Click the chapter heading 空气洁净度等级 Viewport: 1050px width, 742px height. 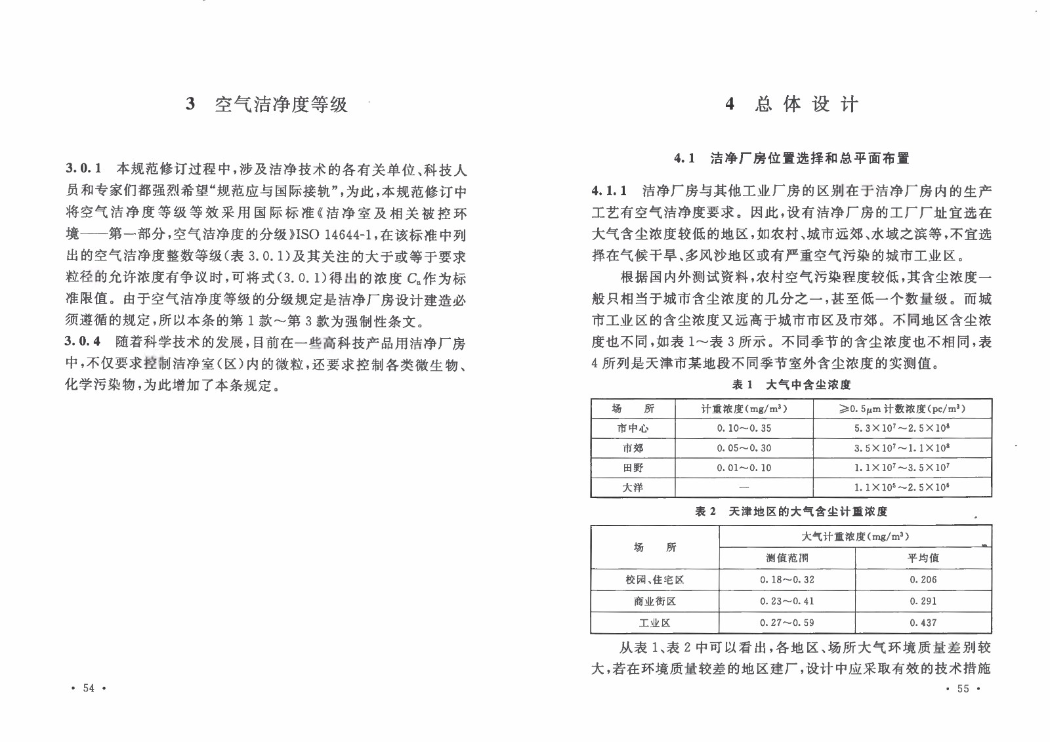click(281, 104)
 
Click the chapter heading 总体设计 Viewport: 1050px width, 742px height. click(806, 104)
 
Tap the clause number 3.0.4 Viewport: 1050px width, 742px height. click(83, 342)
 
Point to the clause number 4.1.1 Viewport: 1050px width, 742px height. click(609, 191)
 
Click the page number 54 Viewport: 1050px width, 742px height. click(89, 688)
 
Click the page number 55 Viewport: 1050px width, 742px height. click(963, 688)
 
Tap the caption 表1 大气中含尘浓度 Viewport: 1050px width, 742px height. click(791, 384)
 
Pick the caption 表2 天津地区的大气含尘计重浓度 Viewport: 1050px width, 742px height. click(791, 511)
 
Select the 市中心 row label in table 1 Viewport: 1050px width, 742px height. click(633, 428)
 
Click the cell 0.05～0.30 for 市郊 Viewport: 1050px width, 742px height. click(744, 448)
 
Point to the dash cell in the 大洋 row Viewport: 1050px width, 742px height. click(744, 487)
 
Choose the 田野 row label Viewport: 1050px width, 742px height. click(633, 468)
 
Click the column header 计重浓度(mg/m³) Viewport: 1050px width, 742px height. click(744, 409)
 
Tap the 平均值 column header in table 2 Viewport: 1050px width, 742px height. click(923, 558)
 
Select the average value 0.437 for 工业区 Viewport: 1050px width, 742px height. click(923, 623)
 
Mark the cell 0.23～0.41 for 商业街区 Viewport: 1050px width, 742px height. click(787, 601)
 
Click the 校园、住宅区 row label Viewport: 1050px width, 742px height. click(654, 580)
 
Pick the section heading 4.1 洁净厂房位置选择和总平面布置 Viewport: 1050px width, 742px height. click(791, 158)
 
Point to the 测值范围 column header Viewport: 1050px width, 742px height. click(787, 558)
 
